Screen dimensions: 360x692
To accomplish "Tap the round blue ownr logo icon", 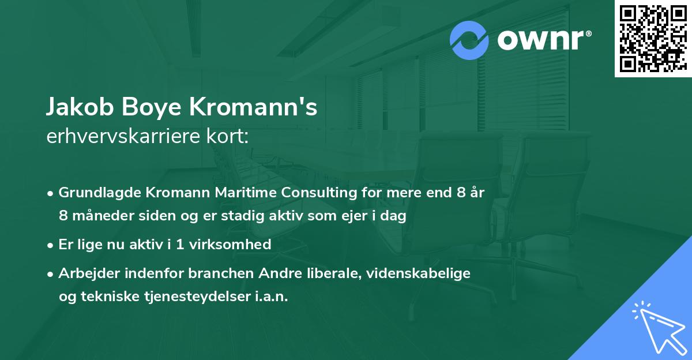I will coord(469,40).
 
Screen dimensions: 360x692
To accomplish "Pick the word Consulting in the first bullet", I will coord(313,193).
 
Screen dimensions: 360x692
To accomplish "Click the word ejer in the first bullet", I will coord(342,216).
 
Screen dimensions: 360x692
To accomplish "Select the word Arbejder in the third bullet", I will coord(85,273).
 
